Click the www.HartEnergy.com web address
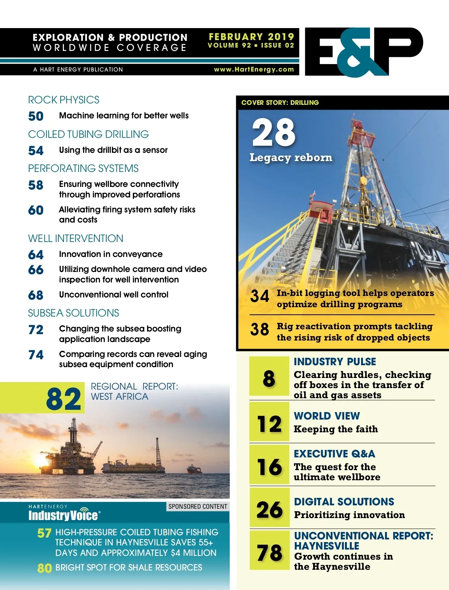pos(254,69)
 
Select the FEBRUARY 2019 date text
pos(251,37)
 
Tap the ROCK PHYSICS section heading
pos(64,100)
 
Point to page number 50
pos(36,116)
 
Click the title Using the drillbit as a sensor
pos(113,150)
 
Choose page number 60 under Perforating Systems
pos(36,210)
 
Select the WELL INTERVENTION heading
pos(76,239)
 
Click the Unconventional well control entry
pos(114,295)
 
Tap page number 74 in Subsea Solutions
pos(36,355)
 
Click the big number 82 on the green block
pos(63,399)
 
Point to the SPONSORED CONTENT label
pos(198,506)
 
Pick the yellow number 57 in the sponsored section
pos(44,533)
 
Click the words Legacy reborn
pos(291,158)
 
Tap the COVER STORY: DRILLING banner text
pos(280,103)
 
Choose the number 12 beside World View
pos(269,424)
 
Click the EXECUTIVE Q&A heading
pos(334,454)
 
